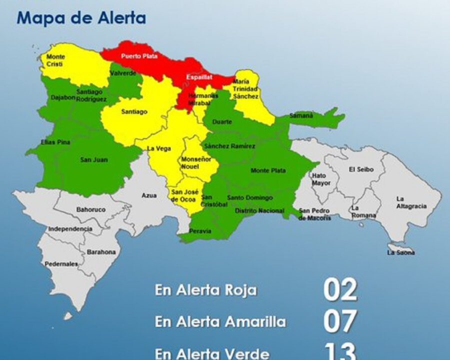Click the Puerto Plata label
139,56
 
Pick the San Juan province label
94,160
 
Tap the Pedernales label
61,263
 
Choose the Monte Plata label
268,171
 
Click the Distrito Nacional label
259,211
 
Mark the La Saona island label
401,253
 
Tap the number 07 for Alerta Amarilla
340,321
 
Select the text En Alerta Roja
205,290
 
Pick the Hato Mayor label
320,179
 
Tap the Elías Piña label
55,142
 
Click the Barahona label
101,252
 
